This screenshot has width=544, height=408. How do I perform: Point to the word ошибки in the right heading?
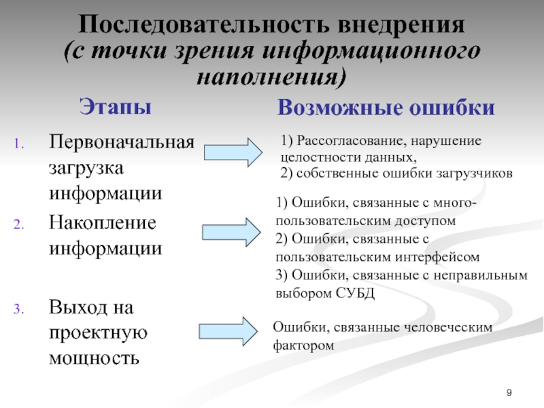456,108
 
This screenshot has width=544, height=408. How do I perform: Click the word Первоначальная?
121,144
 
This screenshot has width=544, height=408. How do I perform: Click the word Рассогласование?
347,141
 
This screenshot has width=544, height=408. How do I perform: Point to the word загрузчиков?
473,173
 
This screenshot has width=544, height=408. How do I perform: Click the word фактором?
304,345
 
